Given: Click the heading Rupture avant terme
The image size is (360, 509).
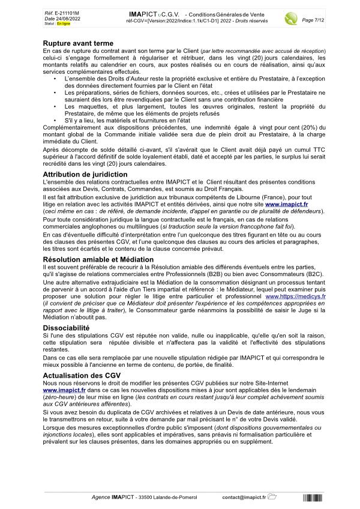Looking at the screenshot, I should (78, 44).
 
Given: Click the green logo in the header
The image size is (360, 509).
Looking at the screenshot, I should (292, 17).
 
